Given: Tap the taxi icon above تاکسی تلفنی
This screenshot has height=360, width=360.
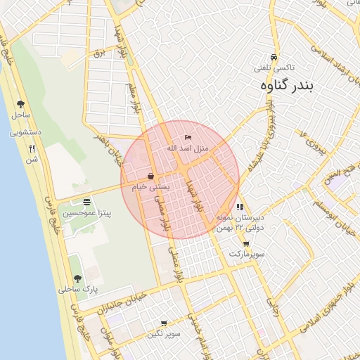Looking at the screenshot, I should pos(274,58).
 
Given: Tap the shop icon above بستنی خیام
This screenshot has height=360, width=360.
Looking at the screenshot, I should pos(151,176).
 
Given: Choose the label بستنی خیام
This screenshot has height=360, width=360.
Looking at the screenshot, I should pos(151,187).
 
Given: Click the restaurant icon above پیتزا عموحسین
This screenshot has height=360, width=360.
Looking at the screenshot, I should pos(86,202).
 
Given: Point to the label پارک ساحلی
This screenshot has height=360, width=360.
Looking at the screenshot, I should pos(78,289).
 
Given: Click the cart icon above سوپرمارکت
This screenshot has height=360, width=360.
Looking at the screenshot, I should pos(245,243).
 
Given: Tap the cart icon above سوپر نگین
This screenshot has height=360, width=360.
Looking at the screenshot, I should pos(164,324).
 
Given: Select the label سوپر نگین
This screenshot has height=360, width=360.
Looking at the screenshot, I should pos(164,334).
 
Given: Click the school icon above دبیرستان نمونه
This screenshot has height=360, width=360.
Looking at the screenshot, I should pos(240,207).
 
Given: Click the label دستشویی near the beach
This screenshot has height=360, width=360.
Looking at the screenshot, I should pos(27,131).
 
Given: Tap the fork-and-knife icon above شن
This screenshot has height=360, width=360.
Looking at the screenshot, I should pos(32,148).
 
